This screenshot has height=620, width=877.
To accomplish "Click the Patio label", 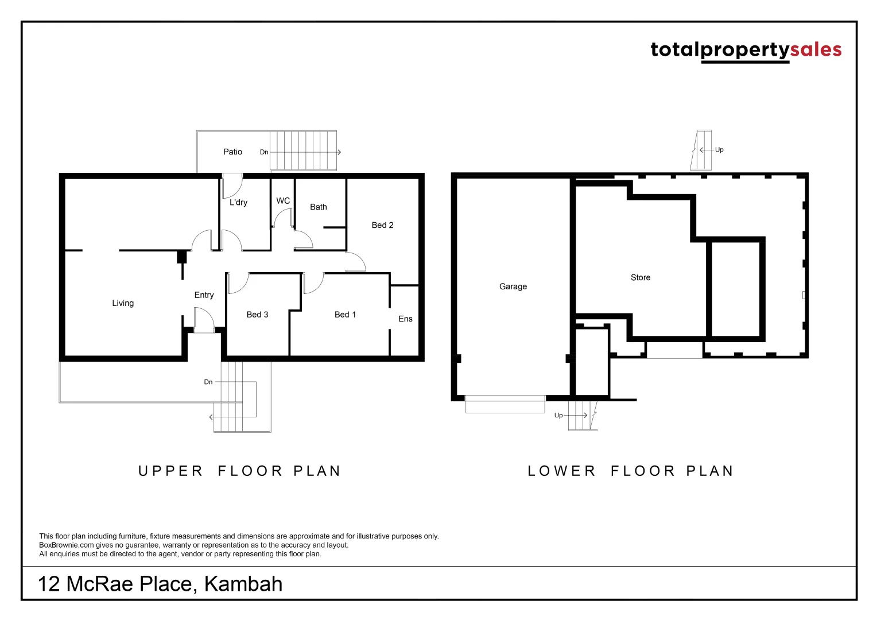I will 232,152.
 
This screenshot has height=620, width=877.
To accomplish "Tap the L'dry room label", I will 238,202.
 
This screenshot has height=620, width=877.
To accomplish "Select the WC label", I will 283,201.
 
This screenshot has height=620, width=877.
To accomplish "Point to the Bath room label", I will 319,207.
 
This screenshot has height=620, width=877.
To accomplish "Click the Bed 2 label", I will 382,225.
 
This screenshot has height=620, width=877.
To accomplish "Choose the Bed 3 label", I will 257,315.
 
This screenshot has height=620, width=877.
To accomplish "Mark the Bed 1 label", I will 345,315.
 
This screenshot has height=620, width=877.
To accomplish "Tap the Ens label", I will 405,319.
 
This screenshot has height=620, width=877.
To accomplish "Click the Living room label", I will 123,303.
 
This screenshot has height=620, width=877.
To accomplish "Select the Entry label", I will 204,295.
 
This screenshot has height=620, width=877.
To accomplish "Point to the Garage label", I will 513,286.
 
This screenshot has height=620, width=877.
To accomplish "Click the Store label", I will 641,277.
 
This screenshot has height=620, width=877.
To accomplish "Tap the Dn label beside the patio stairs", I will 264,152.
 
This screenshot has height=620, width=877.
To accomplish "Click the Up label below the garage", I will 558,416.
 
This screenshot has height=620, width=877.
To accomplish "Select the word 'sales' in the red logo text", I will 816,49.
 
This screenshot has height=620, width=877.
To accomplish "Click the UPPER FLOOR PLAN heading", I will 240,471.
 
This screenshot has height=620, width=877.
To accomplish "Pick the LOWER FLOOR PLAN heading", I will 631,471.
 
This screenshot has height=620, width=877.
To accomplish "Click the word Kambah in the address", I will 243,584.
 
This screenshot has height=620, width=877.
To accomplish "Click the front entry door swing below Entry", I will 204,320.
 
